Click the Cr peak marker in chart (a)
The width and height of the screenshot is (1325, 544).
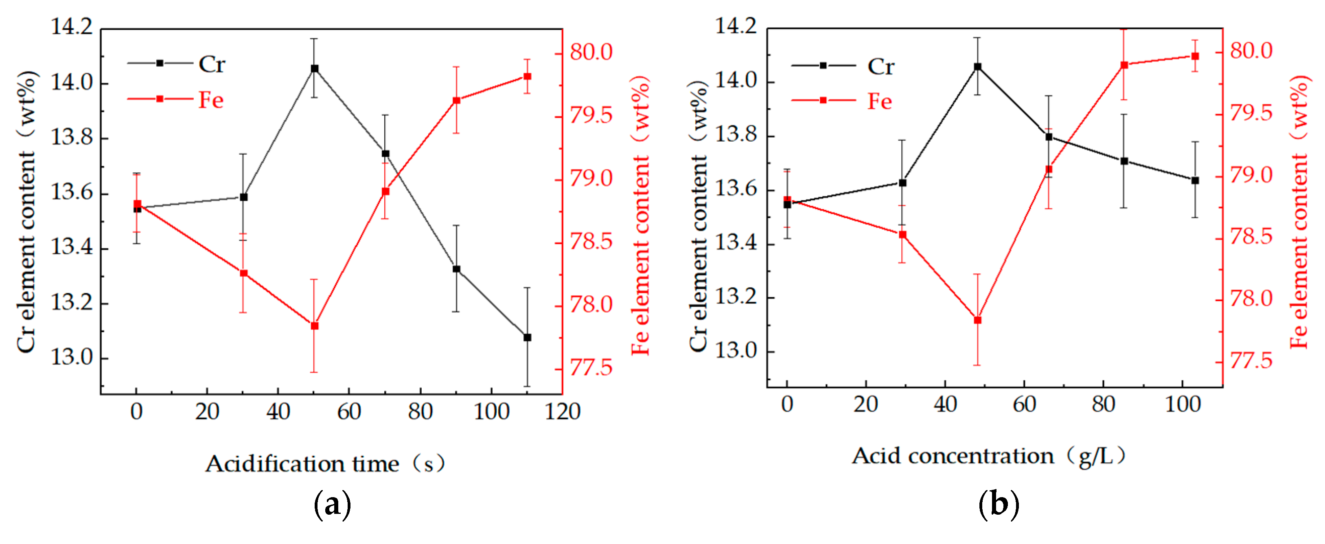click(x=314, y=68)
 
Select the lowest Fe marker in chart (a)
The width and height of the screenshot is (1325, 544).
click(x=314, y=326)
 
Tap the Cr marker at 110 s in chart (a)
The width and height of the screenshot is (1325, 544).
click(x=527, y=338)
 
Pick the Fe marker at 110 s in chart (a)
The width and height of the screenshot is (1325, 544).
click(x=527, y=77)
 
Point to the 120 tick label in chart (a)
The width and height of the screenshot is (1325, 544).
click(x=562, y=411)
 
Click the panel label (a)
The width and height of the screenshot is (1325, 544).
click(x=332, y=505)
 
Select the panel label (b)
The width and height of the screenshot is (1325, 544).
click(x=998, y=505)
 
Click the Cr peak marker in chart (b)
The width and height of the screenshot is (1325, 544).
click(x=977, y=67)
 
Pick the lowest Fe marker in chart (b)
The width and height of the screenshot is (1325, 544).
click(x=977, y=320)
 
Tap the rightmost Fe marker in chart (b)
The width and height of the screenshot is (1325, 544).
click(x=1195, y=56)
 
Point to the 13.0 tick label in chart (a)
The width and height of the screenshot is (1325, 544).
click(x=72, y=357)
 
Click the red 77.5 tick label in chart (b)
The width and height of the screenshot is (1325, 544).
click(x=1251, y=361)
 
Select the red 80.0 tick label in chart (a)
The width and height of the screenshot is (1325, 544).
click(x=591, y=52)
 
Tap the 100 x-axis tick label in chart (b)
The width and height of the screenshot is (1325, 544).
click(x=1183, y=404)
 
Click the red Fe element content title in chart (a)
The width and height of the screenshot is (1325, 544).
click(x=641, y=216)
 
